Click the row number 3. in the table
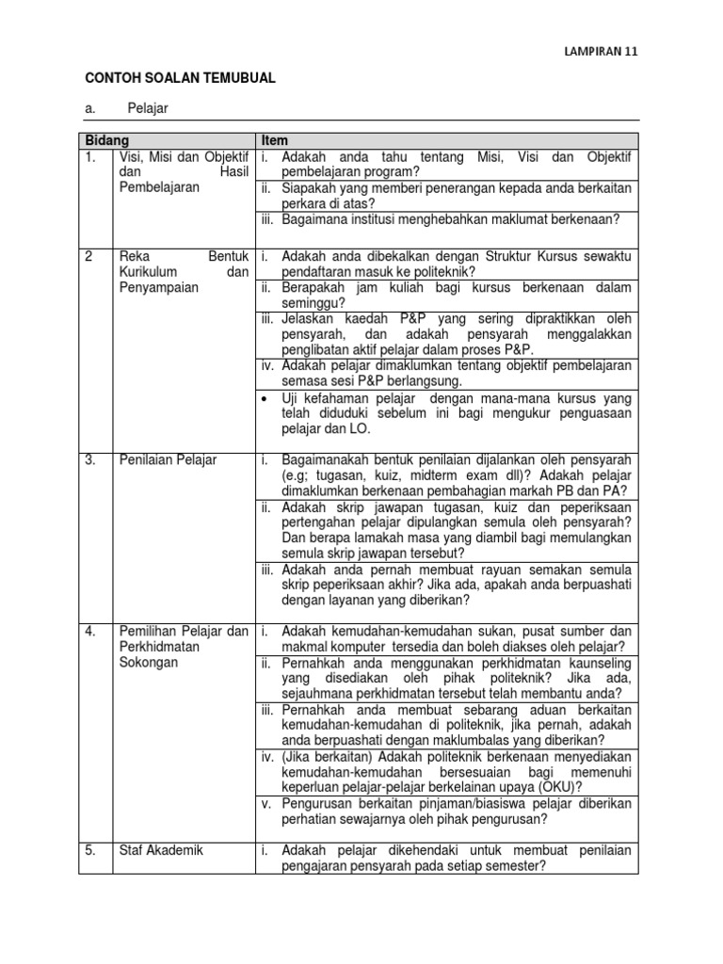(x=89, y=459)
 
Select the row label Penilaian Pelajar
(x=168, y=459)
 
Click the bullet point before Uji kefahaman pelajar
(x=268, y=399)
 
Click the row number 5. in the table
(x=89, y=850)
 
